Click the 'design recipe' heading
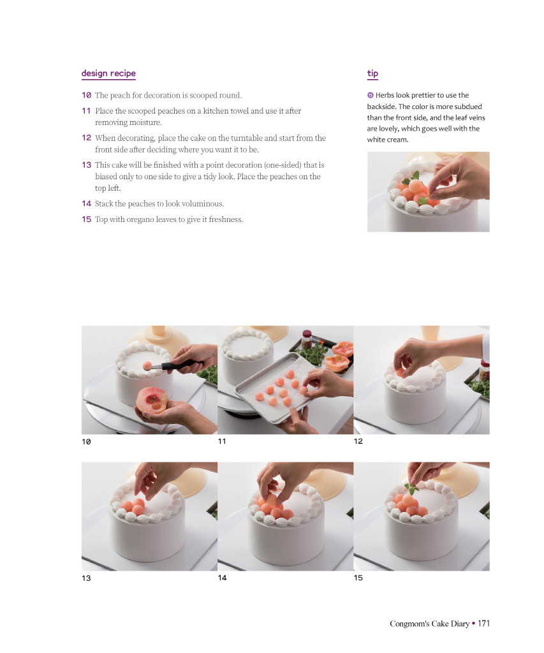[108, 73]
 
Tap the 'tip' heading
[372, 74]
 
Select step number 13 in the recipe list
[86, 165]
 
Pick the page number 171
[483, 624]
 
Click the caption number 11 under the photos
[222, 441]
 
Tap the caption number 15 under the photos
[358, 578]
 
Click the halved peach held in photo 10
[152, 400]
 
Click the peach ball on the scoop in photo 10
[147, 366]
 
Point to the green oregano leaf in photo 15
[411, 488]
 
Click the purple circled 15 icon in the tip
[371, 96]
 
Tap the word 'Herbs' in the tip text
[385, 96]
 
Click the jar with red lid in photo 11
[307, 339]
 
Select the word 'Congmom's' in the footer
[409, 624]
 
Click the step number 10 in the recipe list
[86, 96]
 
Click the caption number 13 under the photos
[86, 578]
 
